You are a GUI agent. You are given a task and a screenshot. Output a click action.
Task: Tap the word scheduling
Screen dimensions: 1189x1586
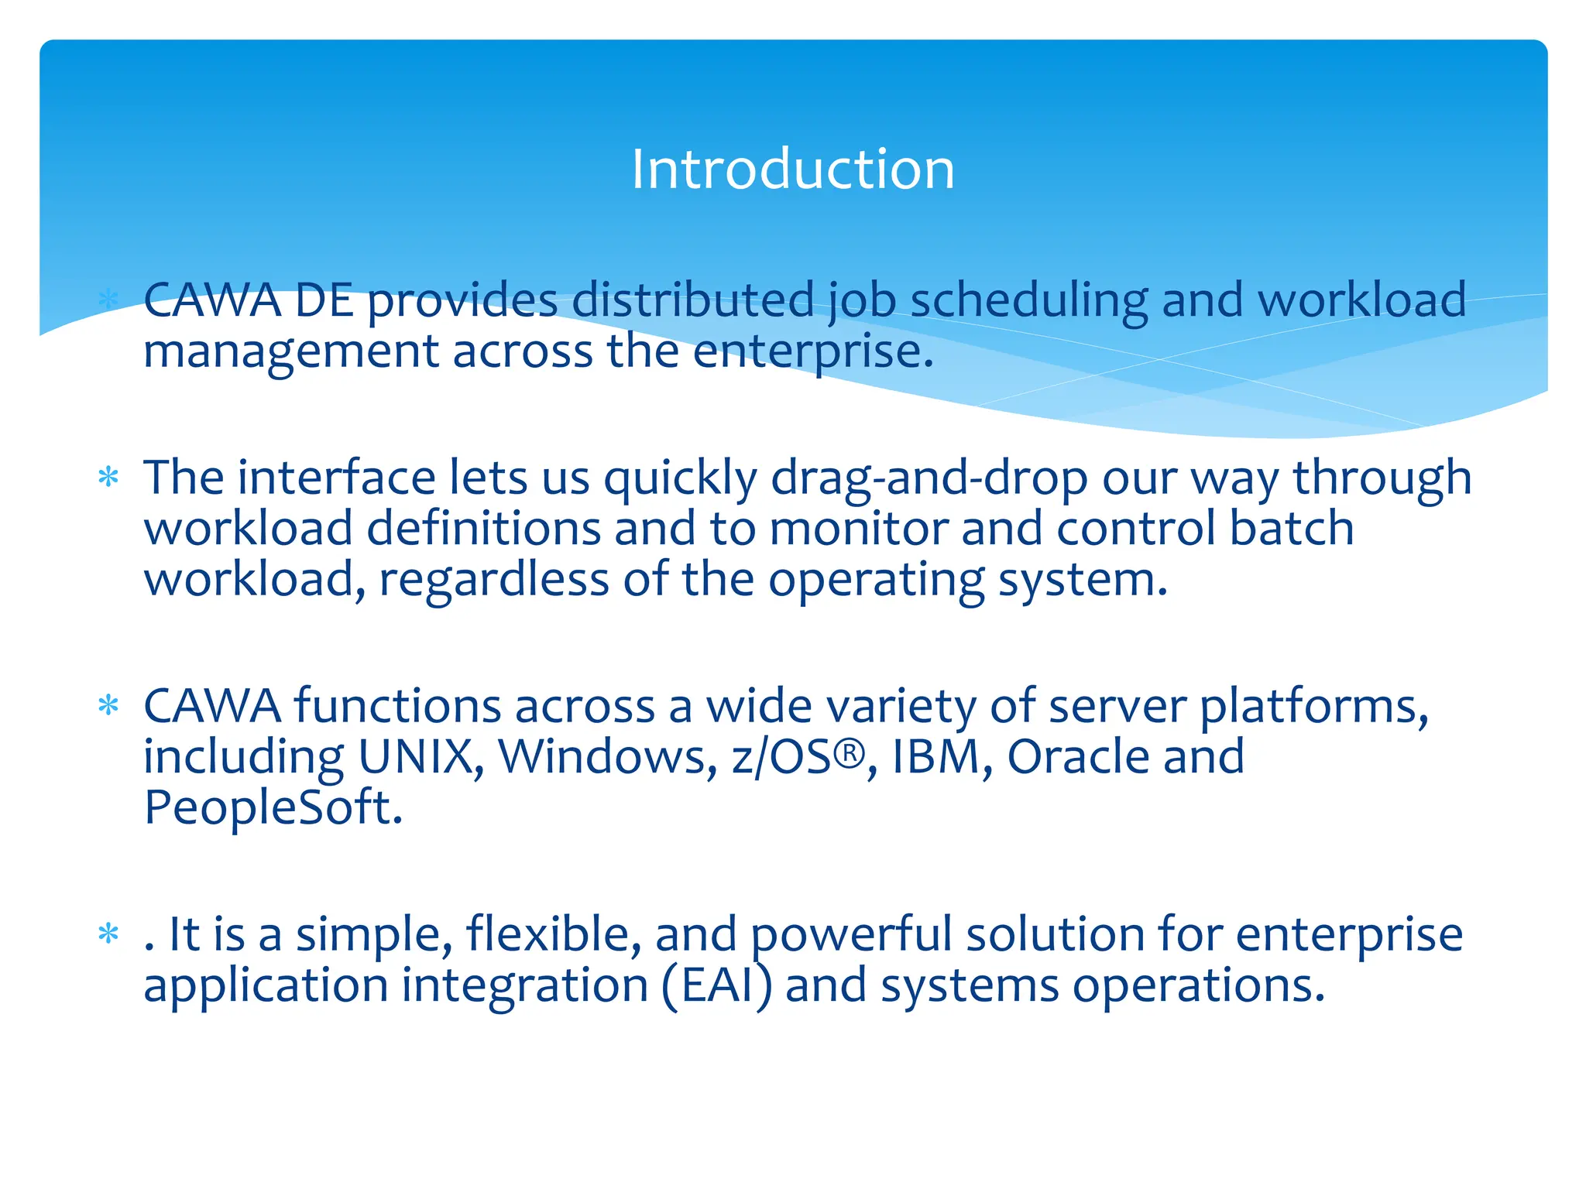[1028, 302]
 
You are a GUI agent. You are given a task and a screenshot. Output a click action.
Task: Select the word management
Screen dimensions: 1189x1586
[290, 353]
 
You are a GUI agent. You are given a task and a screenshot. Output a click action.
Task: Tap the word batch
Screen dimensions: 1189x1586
[1291, 529]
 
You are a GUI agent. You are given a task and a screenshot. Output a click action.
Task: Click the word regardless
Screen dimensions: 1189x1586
[493, 581]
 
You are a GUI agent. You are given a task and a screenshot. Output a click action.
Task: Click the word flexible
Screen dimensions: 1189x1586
[553, 934]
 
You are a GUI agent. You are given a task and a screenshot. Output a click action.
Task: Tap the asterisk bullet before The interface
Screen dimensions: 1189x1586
[108, 476]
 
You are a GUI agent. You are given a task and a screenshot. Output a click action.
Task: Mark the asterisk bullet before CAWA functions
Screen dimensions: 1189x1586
[108, 704]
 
